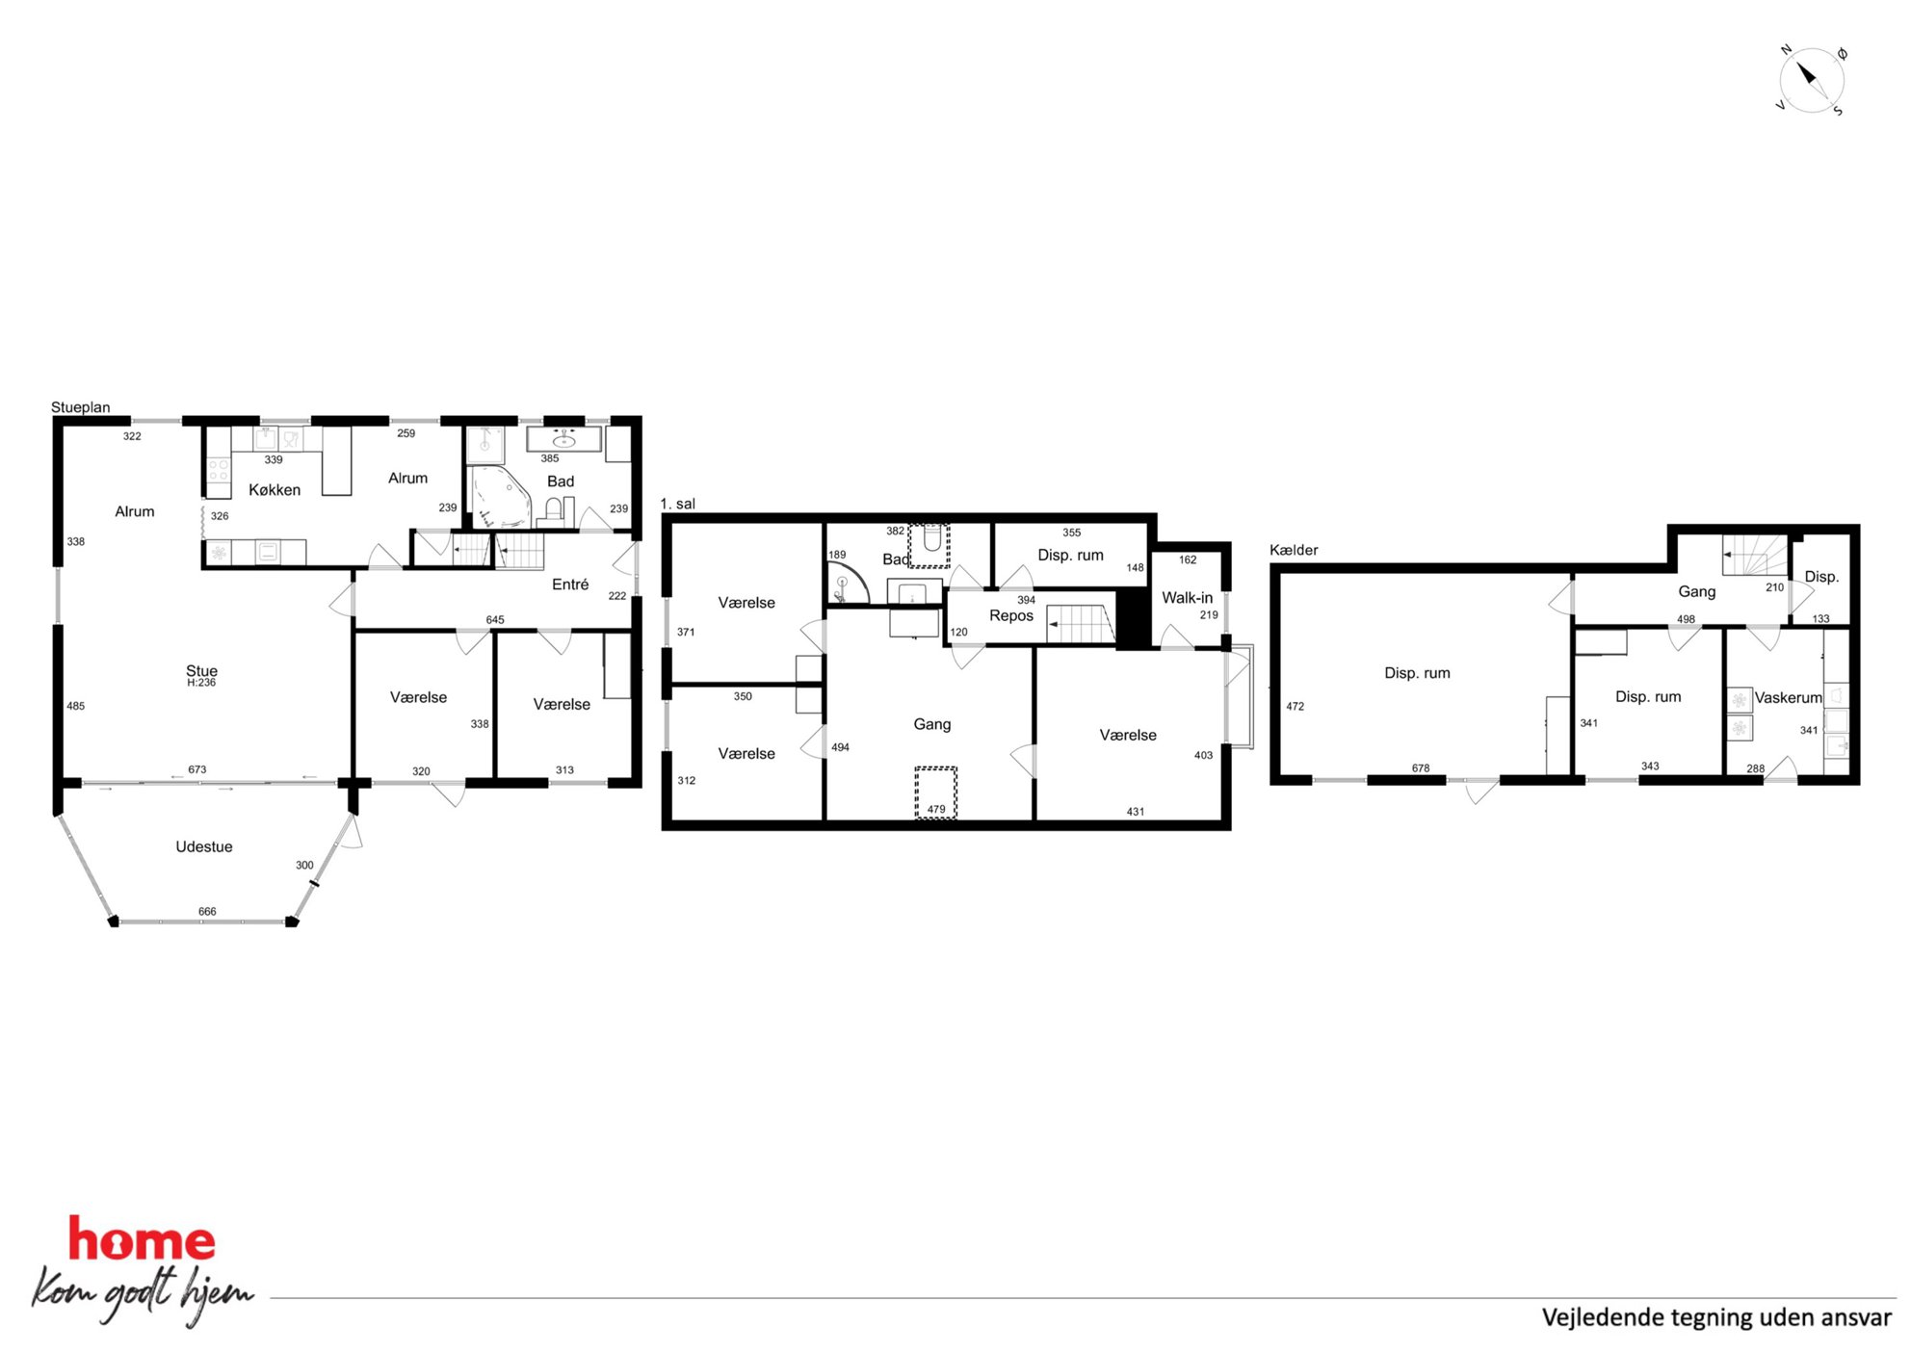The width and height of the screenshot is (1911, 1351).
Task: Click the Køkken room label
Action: pos(275,490)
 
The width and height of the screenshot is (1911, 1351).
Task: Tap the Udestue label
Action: pos(204,847)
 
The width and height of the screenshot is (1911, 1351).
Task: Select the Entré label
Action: pos(570,585)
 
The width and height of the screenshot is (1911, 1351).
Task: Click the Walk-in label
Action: pos(1187,598)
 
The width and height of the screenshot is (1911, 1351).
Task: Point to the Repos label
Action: pos(1011,616)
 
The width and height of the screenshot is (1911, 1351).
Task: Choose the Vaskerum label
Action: pos(1788,698)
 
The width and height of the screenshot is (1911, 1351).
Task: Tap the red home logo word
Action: pos(142,1239)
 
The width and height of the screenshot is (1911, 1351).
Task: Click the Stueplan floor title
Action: pos(81,407)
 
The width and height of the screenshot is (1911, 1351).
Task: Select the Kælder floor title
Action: pos(1294,550)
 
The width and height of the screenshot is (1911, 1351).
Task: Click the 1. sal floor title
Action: pos(678,504)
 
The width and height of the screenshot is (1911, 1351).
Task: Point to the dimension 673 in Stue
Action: pos(197,769)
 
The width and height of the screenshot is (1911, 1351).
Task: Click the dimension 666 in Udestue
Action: pos(207,911)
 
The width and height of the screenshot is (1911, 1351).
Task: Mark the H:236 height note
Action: pos(201,683)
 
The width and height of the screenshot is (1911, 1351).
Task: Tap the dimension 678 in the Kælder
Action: pos(1421,768)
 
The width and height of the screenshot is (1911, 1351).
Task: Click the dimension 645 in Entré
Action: pos(495,620)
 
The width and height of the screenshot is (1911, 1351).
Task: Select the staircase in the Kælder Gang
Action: pos(1756,556)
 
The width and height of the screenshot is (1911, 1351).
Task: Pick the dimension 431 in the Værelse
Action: pos(1136,812)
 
